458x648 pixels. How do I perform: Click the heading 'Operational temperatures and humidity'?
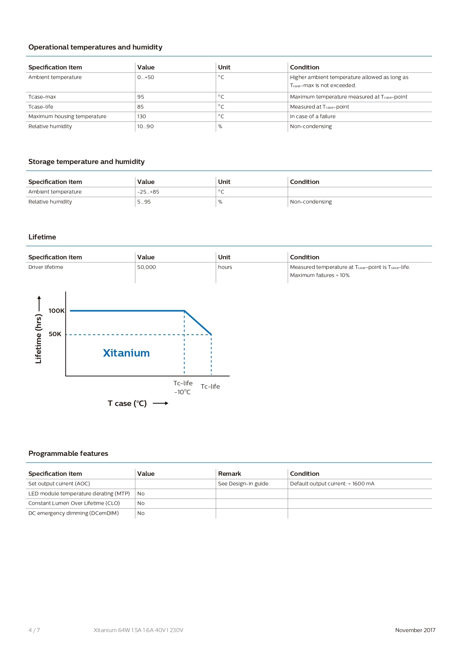point(95,47)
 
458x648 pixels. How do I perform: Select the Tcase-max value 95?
point(141,97)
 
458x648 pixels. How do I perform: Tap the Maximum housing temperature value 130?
point(142,116)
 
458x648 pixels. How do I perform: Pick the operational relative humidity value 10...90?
point(145,126)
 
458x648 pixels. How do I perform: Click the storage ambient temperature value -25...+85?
point(148,192)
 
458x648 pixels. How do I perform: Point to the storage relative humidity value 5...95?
point(144,202)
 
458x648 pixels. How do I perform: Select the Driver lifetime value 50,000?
point(147,267)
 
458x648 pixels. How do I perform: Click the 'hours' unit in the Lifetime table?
point(225,267)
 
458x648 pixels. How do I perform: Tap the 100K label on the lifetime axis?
point(56,311)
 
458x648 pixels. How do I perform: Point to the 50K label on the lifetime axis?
point(55,334)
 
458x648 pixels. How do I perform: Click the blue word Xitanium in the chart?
point(126,353)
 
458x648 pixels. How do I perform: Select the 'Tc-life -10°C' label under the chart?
point(183,388)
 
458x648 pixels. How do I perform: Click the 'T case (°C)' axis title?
point(127,403)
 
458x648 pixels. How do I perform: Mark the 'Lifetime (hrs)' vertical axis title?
point(38,338)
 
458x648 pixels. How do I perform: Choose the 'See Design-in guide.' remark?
point(244,484)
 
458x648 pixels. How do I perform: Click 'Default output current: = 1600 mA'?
point(332,484)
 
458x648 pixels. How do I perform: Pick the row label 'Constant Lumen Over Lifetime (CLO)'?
point(74,503)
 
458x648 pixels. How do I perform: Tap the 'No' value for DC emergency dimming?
point(141,513)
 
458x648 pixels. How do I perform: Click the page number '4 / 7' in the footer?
point(34,630)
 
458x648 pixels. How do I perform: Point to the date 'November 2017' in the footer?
point(415,630)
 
